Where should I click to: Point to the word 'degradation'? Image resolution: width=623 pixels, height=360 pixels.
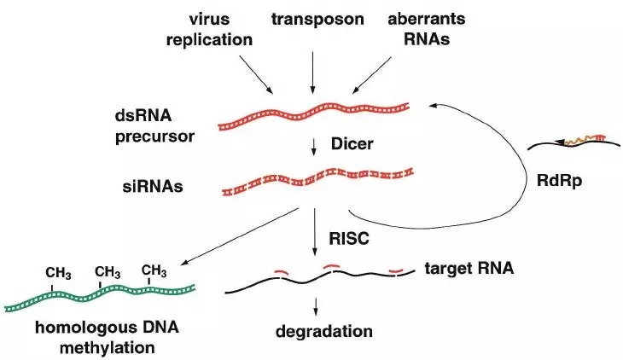click(x=319, y=330)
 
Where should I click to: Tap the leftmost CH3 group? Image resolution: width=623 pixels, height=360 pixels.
click(x=59, y=273)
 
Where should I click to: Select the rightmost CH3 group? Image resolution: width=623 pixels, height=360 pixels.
click(x=154, y=271)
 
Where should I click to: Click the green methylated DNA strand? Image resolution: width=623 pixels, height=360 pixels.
click(x=101, y=294)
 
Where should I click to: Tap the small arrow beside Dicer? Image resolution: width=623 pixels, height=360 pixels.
click(x=315, y=148)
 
